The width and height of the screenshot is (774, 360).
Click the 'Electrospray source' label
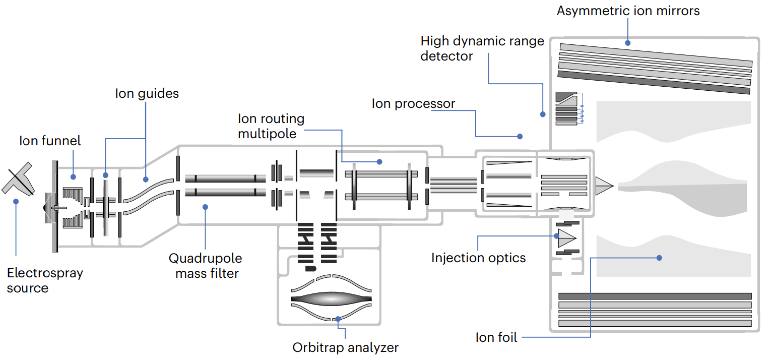(45, 280)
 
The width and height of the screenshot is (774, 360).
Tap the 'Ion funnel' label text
(50, 141)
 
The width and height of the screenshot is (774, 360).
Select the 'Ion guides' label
(147, 93)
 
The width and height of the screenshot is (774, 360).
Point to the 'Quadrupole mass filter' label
(205, 266)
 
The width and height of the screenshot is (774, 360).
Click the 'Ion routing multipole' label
(271, 126)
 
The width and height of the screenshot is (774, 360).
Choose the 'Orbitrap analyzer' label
(345, 347)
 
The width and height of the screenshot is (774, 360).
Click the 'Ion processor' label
(413, 104)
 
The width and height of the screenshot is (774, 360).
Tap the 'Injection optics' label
(478, 258)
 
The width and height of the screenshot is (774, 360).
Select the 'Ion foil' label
(496, 337)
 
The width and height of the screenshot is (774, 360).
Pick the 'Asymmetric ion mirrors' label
(628, 11)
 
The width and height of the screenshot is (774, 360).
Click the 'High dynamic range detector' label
(482, 48)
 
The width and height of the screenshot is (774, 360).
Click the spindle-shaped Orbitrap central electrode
(331, 298)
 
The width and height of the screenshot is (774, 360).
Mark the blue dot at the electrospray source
(16, 201)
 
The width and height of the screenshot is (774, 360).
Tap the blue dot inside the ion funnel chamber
(73, 176)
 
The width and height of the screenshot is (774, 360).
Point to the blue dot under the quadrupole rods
(205, 206)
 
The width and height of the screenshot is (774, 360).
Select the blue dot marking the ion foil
(659, 258)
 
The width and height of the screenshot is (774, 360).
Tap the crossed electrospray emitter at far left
(18, 179)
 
